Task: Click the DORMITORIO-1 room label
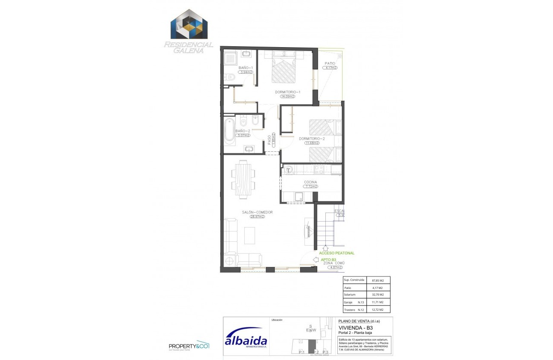pos(288,92)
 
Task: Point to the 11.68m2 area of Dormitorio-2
pos(312,143)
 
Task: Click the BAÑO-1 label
pos(246,68)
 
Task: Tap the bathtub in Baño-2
pos(229,130)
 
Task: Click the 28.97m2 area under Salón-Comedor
pos(257,217)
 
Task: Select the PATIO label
pos(330,63)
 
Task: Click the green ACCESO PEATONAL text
pos(337,253)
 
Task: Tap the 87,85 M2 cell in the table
pos(378,280)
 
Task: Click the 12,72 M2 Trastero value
pos(378,310)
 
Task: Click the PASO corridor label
pos(270,142)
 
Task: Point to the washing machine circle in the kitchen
pos(289,170)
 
